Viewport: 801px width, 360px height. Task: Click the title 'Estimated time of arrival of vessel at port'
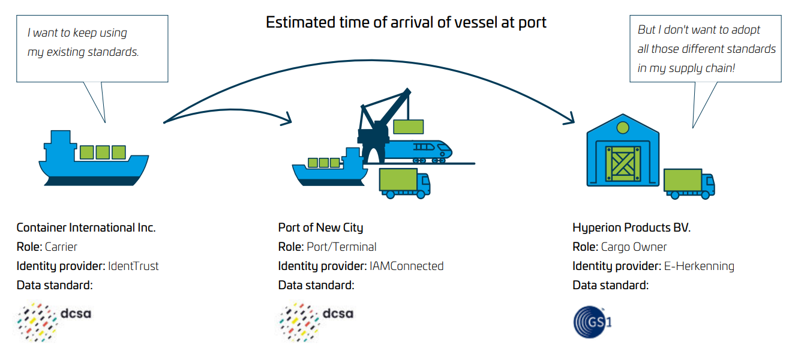coord(406,23)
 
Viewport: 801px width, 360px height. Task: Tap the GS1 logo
coord(592,321)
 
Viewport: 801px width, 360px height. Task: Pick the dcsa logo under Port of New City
coord(316,322)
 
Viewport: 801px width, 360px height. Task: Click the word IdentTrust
coord(133,266)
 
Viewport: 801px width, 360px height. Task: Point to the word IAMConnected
coord(406,266)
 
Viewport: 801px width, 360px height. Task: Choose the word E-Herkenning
coord(698,266)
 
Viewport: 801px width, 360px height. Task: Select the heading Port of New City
coord(320,228)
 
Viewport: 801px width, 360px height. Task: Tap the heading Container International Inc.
coord(86,228)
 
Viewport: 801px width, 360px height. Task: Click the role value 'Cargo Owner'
coord(634,247)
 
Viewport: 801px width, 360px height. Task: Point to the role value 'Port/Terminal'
coord(341,247)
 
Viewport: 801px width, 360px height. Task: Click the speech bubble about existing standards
coord(92,48)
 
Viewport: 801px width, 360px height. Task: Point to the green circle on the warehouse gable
coord(622,127)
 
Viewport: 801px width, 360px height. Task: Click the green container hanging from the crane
coord(409,127)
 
